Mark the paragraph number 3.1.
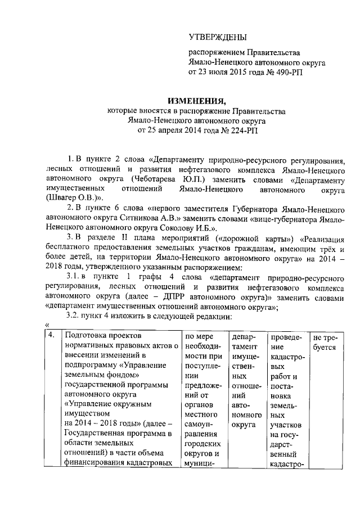click(74, 278)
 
